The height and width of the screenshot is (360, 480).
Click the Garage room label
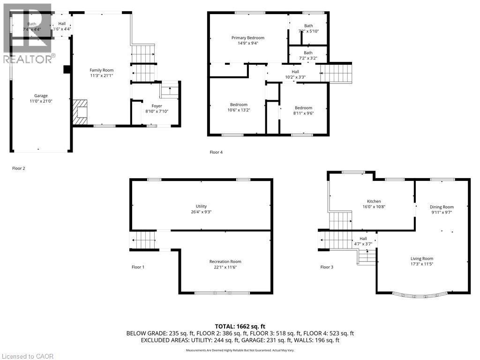click(x=41, y=96)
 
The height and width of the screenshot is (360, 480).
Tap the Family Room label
click(x=102, y=70)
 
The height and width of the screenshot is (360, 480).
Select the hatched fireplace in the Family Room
click(x=80, y=112)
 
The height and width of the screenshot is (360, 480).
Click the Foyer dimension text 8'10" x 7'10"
click(x=153, y=112)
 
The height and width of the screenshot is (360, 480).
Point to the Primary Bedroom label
click(x=247, y=38)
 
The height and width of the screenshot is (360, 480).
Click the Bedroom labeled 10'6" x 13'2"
click(x=239, y=105)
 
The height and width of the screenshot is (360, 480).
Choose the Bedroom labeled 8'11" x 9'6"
click(x=303, y=108)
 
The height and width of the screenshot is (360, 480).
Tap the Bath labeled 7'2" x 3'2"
click(x=307, y=53)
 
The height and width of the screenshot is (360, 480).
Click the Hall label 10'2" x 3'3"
click(x=295, y=72)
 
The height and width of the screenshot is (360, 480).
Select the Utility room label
click(x=201, y=206)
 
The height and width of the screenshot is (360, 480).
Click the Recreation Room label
click(x=225, y=262)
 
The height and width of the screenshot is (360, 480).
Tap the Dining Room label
click(x=442, y=207)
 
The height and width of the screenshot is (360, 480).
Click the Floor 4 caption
click(x=216, y=151)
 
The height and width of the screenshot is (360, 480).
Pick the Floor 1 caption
click(x=138, y=267)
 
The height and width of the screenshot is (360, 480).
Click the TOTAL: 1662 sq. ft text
click(x=240, y=326)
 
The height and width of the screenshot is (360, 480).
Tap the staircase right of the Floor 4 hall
click(x=337, y=73)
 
